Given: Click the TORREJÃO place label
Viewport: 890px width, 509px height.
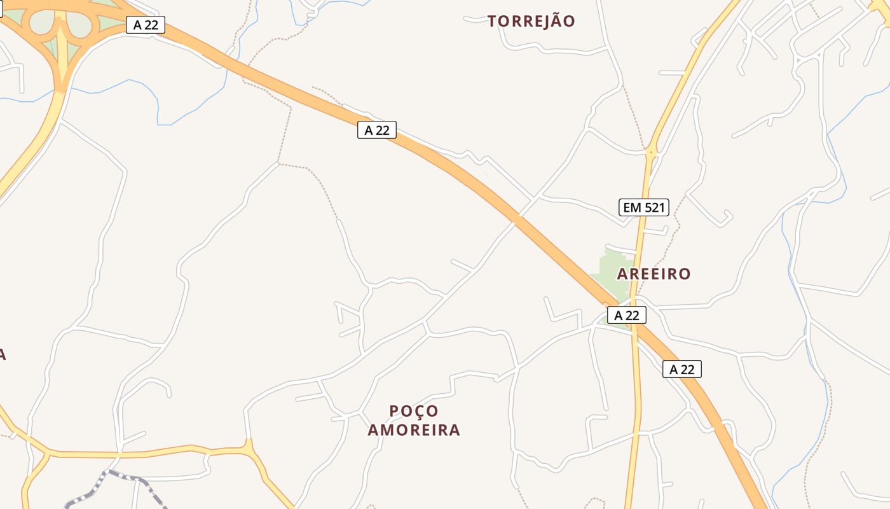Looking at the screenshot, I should coord(531,21).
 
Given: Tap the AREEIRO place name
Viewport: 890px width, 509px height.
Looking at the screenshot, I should coord(654,274).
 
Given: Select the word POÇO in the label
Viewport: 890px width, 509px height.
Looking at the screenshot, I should coord(414,411).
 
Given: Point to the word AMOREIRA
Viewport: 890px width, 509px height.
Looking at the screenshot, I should coord(414,430).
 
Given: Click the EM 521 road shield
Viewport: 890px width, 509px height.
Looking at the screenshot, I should coord(643,207).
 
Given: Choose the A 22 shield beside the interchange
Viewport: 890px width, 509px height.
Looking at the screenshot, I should coord(146,25).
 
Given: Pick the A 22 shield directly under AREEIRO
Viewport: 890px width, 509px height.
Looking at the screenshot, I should coord(626,315).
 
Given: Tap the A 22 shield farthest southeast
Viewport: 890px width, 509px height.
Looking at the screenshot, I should coord(681,369).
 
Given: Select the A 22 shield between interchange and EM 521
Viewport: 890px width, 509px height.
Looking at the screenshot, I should coord(376,130).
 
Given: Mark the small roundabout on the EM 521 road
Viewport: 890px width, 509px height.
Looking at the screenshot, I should coord(650,152).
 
